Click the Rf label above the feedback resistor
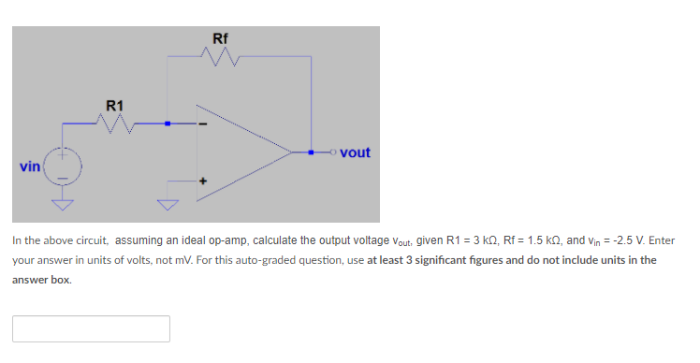click(220, 38)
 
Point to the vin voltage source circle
click(64, 167)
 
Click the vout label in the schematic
click(355, 152)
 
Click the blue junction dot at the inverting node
click(168, 123)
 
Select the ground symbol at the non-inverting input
click(168, 203)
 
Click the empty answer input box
click(91, 328)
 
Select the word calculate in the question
click(253, 240)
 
